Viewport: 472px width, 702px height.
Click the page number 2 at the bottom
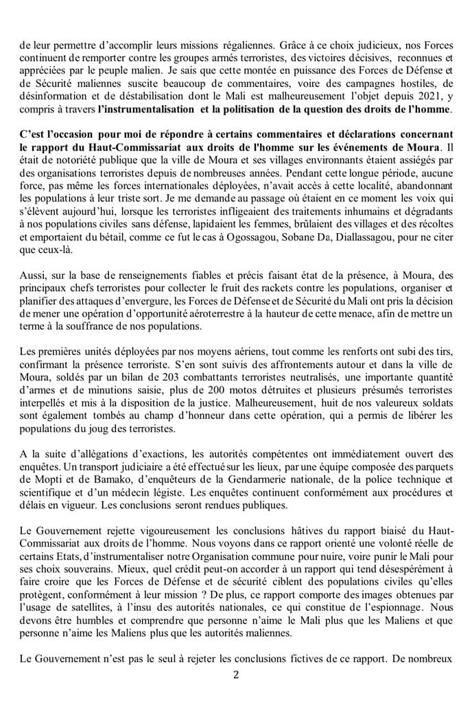click(236, 674)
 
